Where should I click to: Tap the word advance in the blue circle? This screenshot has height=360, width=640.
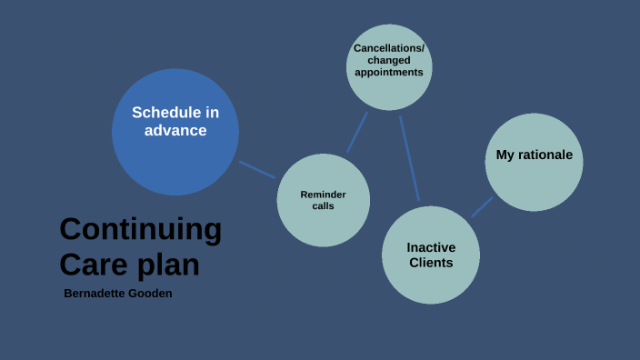175,131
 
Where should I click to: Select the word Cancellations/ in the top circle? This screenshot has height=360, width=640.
389,48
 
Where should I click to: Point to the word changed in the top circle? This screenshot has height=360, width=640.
389,60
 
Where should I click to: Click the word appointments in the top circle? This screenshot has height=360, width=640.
389,72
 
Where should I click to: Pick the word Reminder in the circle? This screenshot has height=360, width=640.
323,195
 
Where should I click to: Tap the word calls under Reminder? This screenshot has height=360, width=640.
323,206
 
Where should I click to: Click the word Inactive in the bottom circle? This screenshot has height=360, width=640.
431,247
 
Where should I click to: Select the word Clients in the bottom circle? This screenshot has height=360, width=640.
431,264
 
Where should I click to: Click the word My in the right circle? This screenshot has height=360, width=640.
505,155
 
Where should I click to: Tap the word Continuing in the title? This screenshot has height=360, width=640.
140,229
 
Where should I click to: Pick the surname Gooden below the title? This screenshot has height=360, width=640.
152,294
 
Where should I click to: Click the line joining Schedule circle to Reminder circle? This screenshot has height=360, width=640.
257,170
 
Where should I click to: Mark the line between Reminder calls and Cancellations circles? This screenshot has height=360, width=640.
357,133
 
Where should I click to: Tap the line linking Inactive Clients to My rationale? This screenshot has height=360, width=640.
482,207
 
